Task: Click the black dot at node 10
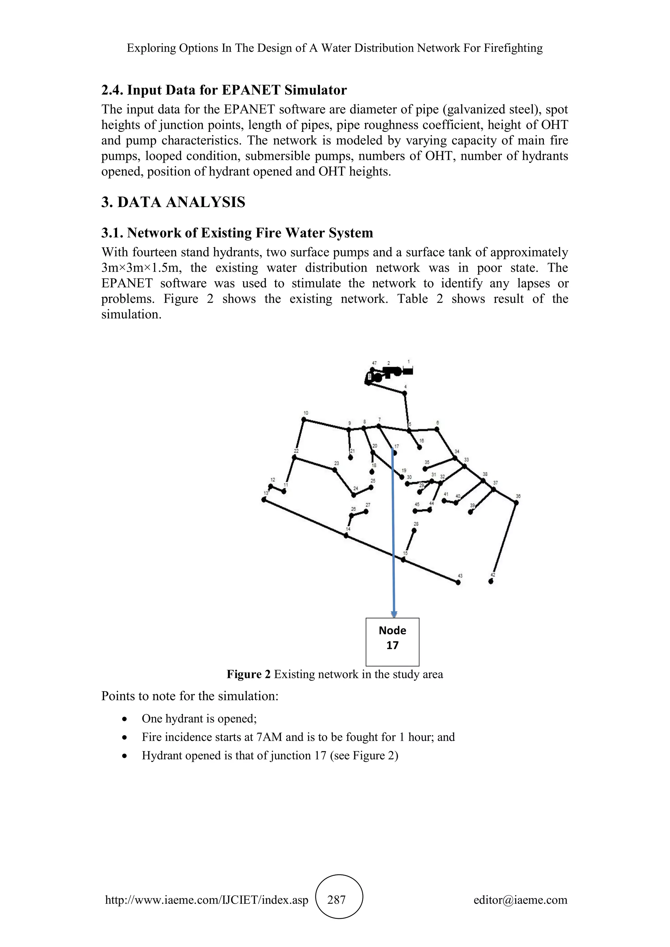(304, 420)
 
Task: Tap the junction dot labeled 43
(458, 582)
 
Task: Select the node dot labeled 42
(490, 581)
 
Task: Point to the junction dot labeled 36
(516, 502)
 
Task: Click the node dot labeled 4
(405, 393)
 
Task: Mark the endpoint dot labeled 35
(425, 469)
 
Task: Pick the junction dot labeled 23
(335, 469)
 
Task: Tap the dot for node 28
(414, 530)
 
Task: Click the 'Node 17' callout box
(392, 642)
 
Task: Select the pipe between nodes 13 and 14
(305, 518)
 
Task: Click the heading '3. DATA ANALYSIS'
(173, 202)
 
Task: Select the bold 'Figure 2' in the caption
(248, 674)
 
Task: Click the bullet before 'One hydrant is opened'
(124, 719)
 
